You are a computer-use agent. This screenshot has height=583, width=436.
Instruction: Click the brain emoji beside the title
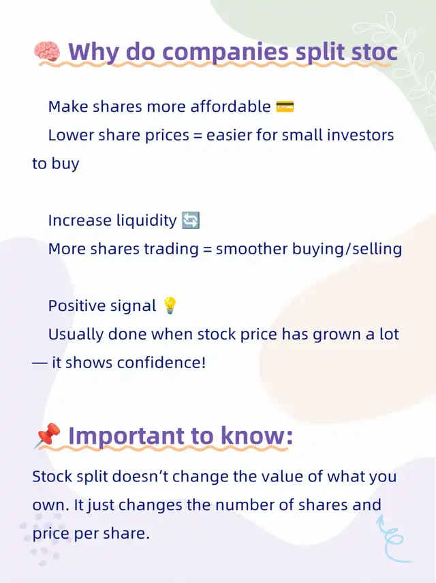coord(47,51)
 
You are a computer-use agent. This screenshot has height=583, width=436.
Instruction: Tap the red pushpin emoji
coord(48,436)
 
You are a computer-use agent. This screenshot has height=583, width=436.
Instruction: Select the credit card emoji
coord(285,106)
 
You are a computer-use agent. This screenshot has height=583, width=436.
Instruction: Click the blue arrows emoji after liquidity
coord(191,220)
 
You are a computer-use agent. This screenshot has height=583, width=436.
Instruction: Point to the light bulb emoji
coord(170,305)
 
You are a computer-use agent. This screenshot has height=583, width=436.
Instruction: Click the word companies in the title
coord(225,52)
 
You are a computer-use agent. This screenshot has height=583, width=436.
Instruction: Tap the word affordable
coord(230,106)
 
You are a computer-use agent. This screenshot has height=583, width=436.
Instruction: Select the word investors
coord(360,135)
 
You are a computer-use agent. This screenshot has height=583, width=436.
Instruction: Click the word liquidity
coord(146,220)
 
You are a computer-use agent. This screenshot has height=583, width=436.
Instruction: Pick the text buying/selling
coord(347,249)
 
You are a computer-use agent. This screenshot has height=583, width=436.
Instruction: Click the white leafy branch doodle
coord(396,56)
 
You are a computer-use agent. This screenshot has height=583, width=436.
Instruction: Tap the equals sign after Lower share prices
coord(198,136)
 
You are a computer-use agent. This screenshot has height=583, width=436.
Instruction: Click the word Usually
coord(76,334)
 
